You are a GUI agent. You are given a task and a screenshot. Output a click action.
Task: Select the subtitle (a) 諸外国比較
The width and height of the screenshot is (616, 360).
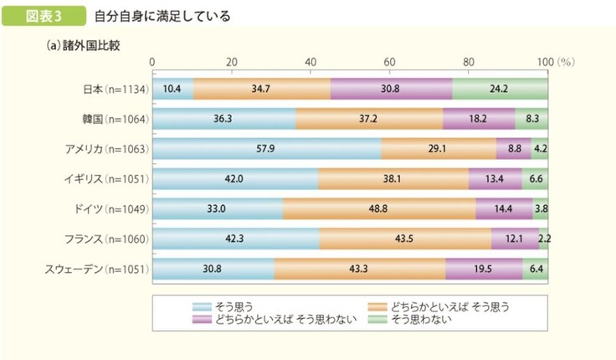click(x=85, y=44)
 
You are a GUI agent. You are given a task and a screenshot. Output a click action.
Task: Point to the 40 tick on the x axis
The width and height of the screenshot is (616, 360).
click(x=311, y=63)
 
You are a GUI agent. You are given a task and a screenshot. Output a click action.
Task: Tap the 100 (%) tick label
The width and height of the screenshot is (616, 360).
click(x=552, y=63)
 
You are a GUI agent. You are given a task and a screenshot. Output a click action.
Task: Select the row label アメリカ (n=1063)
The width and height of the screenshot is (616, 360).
click(x=106, y=149)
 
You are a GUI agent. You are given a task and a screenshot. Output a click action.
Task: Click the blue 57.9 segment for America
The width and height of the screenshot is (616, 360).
click(x=267, y=149)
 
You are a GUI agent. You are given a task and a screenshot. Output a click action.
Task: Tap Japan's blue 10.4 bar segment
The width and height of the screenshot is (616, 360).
click(x=172, y=89)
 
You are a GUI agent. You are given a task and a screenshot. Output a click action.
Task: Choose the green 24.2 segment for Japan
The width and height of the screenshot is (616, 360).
click(x=500, y=89)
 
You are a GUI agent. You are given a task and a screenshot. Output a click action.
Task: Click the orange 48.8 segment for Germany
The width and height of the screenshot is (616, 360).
click(x=378, y=208)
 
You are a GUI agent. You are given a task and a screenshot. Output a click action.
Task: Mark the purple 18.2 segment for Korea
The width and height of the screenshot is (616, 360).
click(x=479, y=119)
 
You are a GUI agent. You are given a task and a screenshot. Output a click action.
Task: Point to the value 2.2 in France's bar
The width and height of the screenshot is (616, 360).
click(x=544, y=239)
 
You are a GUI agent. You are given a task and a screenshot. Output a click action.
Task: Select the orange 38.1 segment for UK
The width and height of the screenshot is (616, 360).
click(x=393, y=179)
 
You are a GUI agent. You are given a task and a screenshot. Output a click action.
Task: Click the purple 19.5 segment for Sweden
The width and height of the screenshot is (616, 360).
click(x=484, y=269)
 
